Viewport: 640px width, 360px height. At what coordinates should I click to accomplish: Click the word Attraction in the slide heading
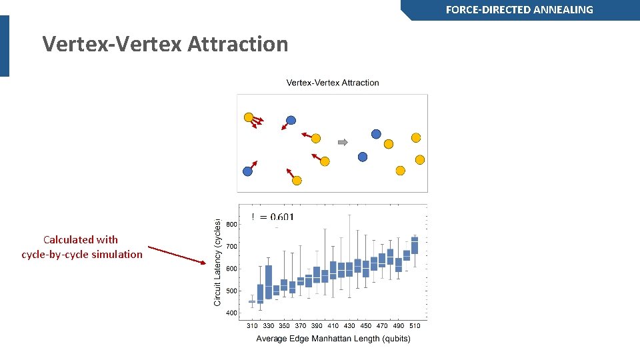coord(238,44)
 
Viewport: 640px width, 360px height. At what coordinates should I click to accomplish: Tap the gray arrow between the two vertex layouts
coord(343,142)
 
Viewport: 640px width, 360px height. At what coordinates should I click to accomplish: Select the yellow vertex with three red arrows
coord(249,117)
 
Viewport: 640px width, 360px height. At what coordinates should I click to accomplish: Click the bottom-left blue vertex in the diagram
coord(247,171)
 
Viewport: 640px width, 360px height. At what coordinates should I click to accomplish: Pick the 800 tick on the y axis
coord(231,225)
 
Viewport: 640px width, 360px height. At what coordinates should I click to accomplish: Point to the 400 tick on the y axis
coord(231,313)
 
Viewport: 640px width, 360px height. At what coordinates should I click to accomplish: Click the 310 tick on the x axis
coord(252,326)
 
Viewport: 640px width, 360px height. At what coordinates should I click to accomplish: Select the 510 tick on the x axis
coord(415,326)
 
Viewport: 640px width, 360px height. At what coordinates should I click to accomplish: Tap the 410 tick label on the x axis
coord(333,326)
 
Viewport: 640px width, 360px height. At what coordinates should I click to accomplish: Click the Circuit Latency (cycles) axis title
coord(217,262)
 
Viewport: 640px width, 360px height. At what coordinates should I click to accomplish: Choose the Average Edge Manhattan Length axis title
coord(333,339)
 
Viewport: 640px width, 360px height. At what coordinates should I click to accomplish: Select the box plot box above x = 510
coord(415,245)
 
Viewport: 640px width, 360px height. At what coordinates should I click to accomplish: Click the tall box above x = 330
coord(269,282)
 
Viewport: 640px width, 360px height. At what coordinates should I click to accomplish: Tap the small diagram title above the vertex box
coord(333,83)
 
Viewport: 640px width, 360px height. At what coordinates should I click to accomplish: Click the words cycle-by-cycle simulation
coord(82,254)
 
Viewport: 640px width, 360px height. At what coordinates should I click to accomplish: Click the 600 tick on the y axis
coord(231,269)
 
